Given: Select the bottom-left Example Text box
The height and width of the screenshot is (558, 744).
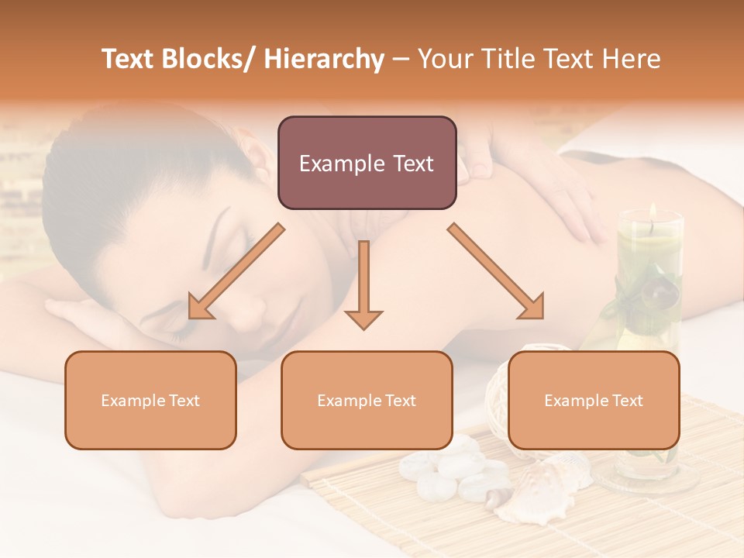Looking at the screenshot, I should click(x=150, y=400).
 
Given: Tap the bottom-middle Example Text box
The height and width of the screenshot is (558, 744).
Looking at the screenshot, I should click(x=367, y=400).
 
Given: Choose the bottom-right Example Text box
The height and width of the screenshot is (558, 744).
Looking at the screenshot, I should click(x=594, y=400).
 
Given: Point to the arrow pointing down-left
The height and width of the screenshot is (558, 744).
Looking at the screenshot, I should click(x=236, y=271).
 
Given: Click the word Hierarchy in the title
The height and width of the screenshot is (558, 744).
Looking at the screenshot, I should click(x=324, y=59).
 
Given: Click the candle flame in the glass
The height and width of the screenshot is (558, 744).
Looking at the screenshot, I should click(x=653, y=212).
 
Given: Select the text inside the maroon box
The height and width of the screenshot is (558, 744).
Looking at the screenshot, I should click(x=367, y=164).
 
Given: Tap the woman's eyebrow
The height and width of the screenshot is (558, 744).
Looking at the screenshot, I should click(x=221, y=232).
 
